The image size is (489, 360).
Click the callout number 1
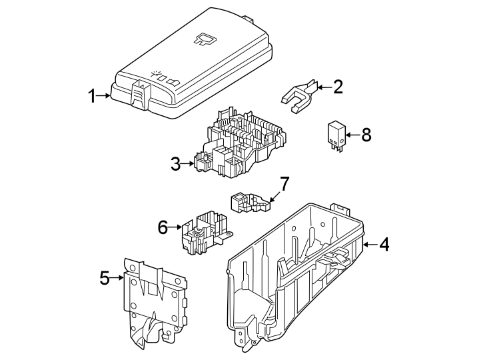click(x=93, y=96)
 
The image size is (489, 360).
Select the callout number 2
click(x=338, y=87)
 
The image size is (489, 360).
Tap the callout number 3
click(x=175, y=164)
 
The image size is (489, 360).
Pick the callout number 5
click(x=104, y=277)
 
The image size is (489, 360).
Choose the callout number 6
click(x=163, y=228)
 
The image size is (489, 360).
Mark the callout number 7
click(x=284, y=183)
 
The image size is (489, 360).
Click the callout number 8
click(x=366, y=135)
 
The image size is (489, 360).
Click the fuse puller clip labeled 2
click(x=298, y=94)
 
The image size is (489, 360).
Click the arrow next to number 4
click(x=370, y=245)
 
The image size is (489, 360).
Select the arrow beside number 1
click(x=104, y=96)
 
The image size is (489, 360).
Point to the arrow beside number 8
click(x=352, y=135)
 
